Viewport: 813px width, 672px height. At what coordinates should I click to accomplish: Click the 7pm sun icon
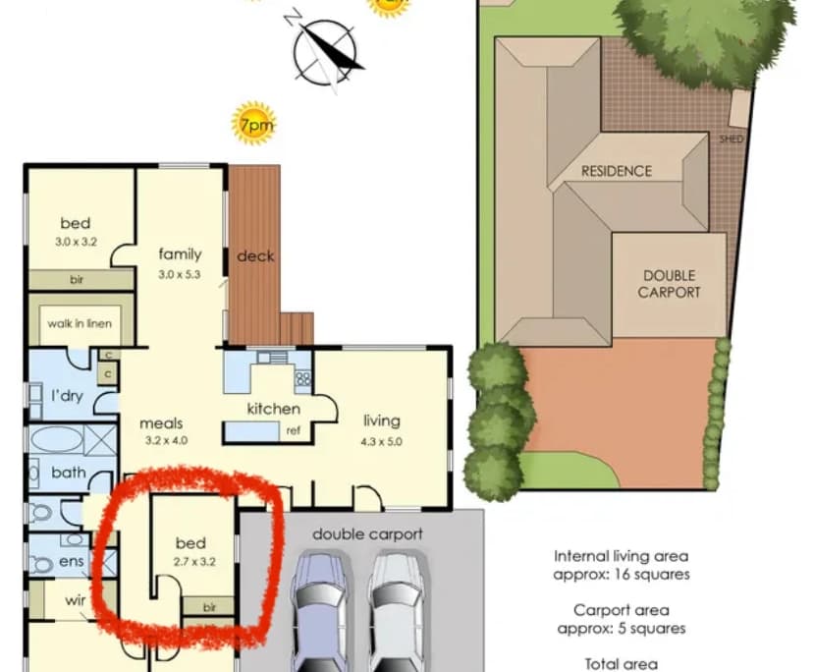pyautogui.click(x=253, y=124)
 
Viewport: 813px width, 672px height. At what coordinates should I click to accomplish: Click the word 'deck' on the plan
pyautogui.click(x=255, y=256)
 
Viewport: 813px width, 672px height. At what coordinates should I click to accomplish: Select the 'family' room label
pyautogui.click(x=180, y=254)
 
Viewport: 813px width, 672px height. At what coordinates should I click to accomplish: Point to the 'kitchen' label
pyautogui.click(x=273, y=409)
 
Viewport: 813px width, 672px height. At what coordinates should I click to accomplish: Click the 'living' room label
pyautogui.click(x=384, y=420)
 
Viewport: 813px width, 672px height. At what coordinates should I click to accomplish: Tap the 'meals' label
pyautogui.click(x=161, y=423)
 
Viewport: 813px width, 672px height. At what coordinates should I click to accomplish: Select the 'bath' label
pyautogui.click(x=68, y=473)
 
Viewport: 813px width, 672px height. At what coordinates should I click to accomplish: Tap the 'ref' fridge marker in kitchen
pyautogui.click(x=293, y=430)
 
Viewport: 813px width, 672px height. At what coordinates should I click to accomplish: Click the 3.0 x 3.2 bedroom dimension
pyautogui.click(x=75, y=240)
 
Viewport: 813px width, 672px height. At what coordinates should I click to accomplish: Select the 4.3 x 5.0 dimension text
pyautogui.click(x=384, y=442)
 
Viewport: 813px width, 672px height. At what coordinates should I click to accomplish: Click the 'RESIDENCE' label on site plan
pyautogui.click(x=616, y=171)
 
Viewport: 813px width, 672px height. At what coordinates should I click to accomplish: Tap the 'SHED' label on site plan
pyautogui.click(x=732, y=140)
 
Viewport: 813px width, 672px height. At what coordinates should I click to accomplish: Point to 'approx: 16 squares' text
pyautogui.click(x=621, y=574)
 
